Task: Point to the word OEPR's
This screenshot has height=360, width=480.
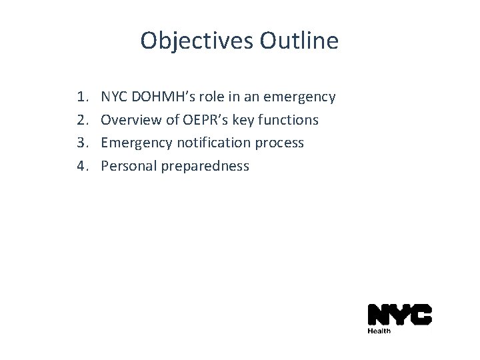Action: pyautogui.click(x=201, y=120)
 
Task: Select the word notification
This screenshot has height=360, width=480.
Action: pyautogui.click(x=207, y=143)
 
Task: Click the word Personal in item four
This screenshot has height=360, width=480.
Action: pyautogui.click(x=128, y=165)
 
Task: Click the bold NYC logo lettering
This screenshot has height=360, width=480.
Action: pyautogui.click(x=399, y=315)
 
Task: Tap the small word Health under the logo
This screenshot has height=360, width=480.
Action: pyautogui.click(x=379, y=330)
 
